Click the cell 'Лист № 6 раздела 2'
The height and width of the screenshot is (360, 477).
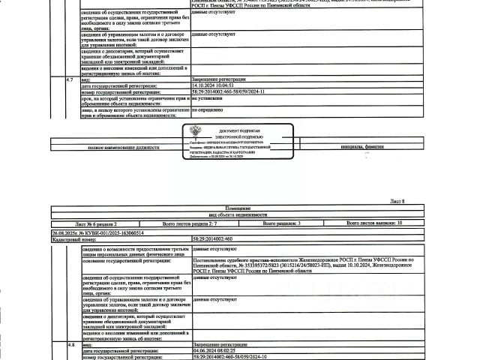pos(97,223)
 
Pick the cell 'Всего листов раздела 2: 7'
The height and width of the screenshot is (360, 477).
pos(190,223)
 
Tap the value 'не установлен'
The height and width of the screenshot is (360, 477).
pos(209,97)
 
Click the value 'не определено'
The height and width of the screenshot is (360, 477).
pos(208,109)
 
